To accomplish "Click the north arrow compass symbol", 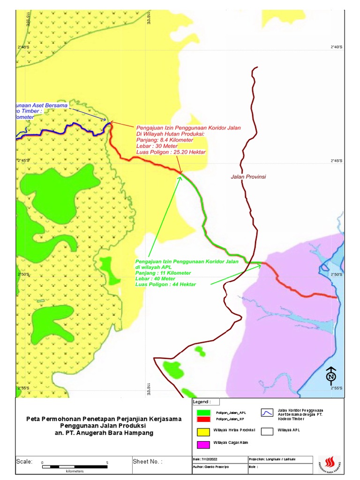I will (331, 375).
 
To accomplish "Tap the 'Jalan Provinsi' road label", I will (248, 177).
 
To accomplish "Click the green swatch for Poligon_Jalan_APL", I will (203, 412).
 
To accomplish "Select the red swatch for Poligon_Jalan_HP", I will (203, 418).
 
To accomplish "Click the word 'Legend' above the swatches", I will (202, 402).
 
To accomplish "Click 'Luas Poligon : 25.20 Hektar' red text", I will (171, 152).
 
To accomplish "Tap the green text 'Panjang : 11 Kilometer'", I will (163, 273).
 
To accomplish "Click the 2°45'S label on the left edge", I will (23, 161).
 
